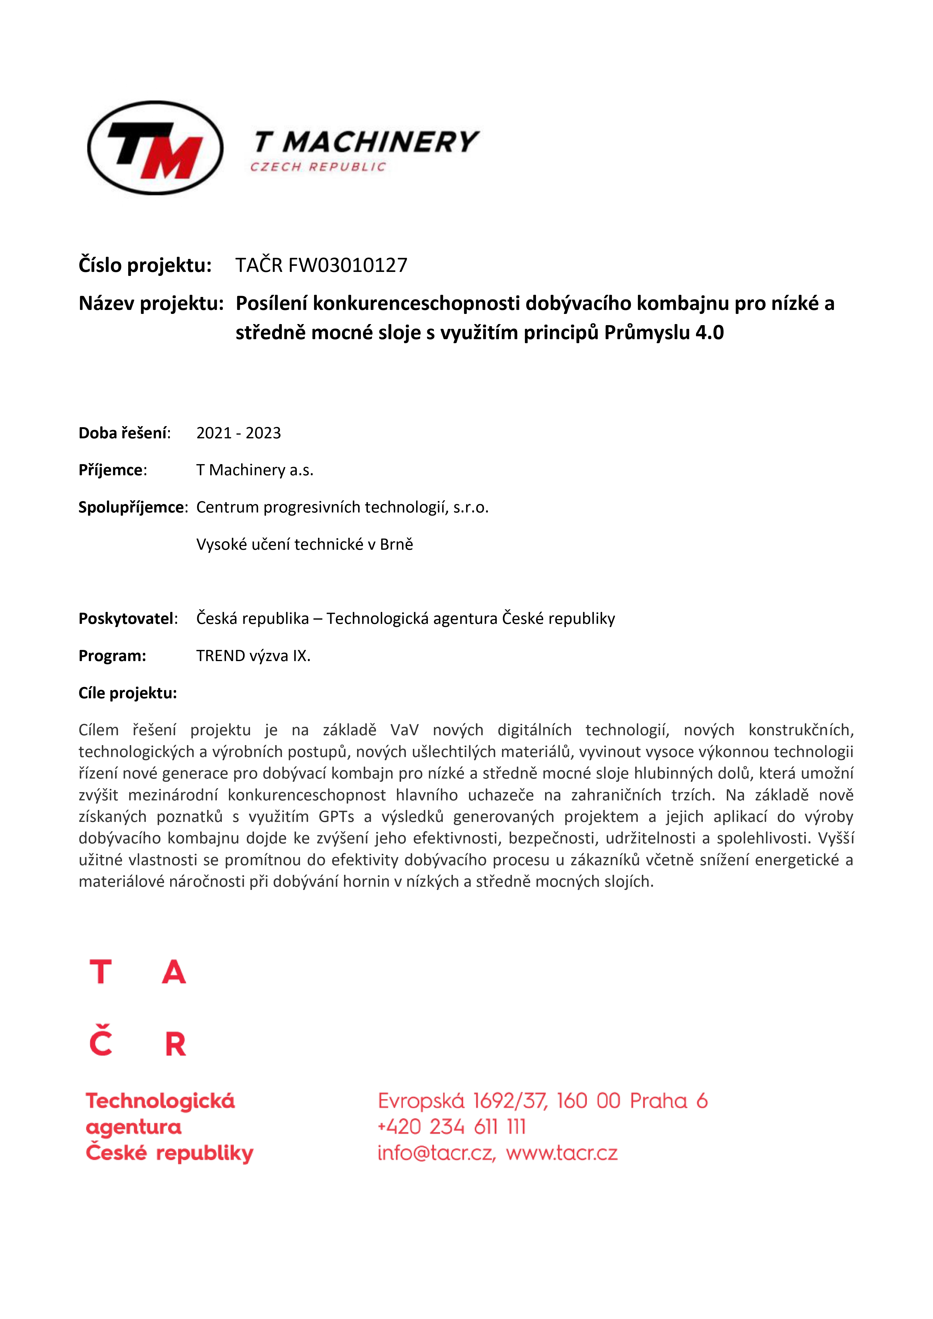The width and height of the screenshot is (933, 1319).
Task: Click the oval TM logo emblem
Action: click(x=155, y=148)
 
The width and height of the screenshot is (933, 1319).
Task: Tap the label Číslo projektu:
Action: click(x=145, y=265)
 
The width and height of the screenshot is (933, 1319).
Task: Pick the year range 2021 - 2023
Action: click(x=239, y=433)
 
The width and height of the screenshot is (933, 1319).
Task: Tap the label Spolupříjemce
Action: click(x=132, y=507)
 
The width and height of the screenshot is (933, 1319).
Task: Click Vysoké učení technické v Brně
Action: click(x=304, y=545)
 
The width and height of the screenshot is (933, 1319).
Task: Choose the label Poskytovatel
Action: click(x=127, y=619)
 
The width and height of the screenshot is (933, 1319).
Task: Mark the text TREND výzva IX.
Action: click(x=253, y=656)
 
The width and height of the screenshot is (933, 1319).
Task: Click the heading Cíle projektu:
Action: click(x=128, y=694)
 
